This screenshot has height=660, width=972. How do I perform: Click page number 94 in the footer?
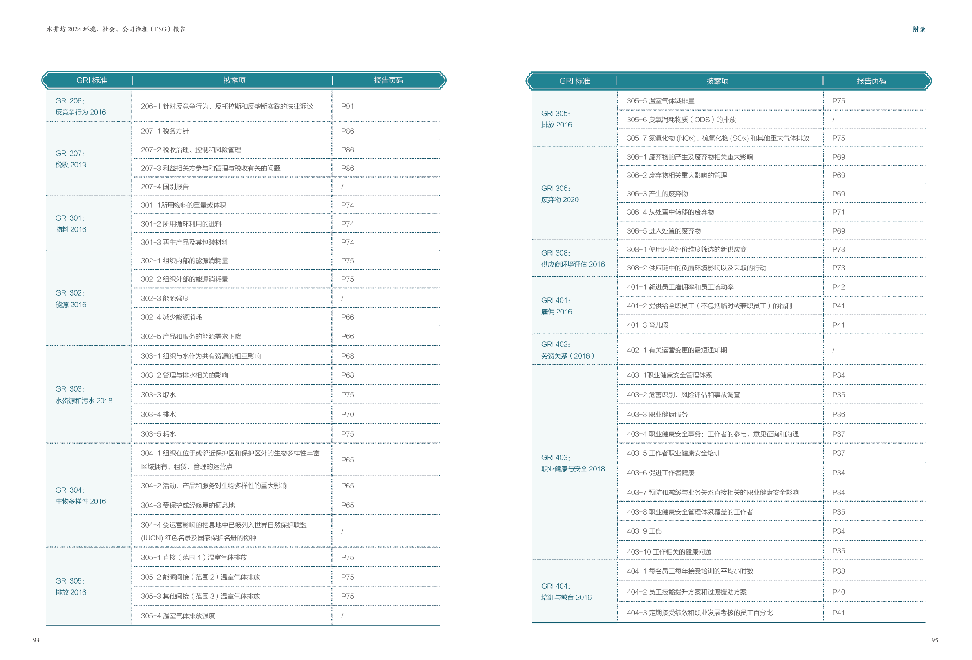[x=36, y=640]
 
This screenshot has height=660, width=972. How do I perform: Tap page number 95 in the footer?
[x=934, y=640]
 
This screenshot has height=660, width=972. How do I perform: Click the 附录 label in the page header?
[x=919, y=29]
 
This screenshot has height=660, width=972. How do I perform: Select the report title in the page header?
[x=116, y=29]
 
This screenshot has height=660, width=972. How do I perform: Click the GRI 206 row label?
[x=80, y=106]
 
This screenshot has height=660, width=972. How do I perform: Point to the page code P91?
[x=347, y=106]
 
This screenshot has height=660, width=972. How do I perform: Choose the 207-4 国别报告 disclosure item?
[x=165, y=187]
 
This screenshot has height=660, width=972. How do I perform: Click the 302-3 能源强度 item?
[x=165, y=298]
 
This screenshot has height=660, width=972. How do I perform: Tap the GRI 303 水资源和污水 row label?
[x=84, y=395]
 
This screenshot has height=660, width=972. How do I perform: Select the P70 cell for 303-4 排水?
[x=347, y=414]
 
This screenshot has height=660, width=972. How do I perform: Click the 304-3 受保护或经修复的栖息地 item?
[x=188, y=505]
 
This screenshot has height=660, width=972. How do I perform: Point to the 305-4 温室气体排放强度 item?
[x=178, y=616]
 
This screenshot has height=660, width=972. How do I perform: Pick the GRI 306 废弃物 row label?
[x=559, y=194]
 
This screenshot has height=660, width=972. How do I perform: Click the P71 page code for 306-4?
[x=838, y=212]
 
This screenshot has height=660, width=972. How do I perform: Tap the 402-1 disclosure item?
[x=676, y=350]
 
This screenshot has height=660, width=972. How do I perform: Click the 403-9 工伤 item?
[x=644, y=531]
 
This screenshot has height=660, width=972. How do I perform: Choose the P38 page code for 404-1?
[x=838, y=571]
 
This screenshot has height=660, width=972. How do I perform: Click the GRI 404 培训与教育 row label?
[x=566, y=591]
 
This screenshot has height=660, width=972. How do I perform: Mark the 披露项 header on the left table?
[x=234, y=80]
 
